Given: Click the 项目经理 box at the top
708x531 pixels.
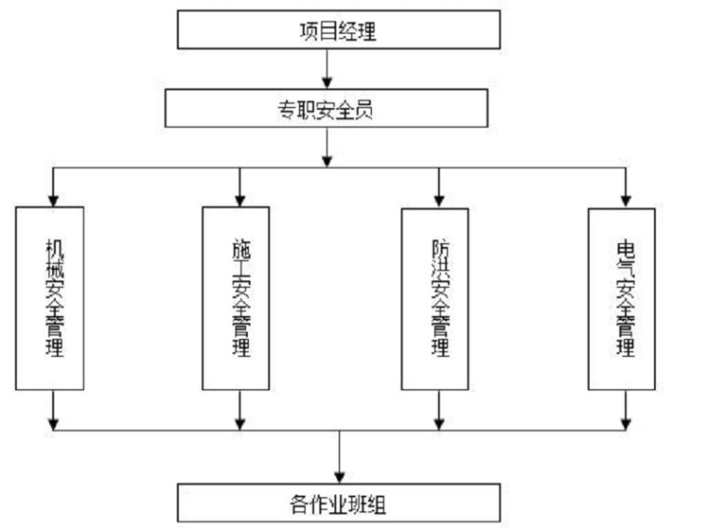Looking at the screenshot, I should point(338,29).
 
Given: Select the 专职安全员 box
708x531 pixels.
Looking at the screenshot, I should point(326,108).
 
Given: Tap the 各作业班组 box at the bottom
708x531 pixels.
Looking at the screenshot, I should point(339,503).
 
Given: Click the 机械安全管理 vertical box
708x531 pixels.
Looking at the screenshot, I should point(49,298).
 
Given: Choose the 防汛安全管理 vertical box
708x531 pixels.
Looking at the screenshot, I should point(435,298).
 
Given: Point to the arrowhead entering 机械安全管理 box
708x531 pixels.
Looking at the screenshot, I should point(53,199).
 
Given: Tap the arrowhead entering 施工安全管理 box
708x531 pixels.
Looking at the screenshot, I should point(240,199).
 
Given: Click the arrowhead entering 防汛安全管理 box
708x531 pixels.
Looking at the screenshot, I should point(436,199).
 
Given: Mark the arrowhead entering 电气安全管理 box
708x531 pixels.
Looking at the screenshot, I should point(626,199).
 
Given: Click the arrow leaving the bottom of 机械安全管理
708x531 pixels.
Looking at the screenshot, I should point(53,410).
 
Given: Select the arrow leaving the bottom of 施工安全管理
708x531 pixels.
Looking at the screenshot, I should point(240,410).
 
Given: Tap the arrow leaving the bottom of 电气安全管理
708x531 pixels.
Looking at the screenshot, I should point(626,410).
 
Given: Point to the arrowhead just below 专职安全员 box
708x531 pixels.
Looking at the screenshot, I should point(326,160).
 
